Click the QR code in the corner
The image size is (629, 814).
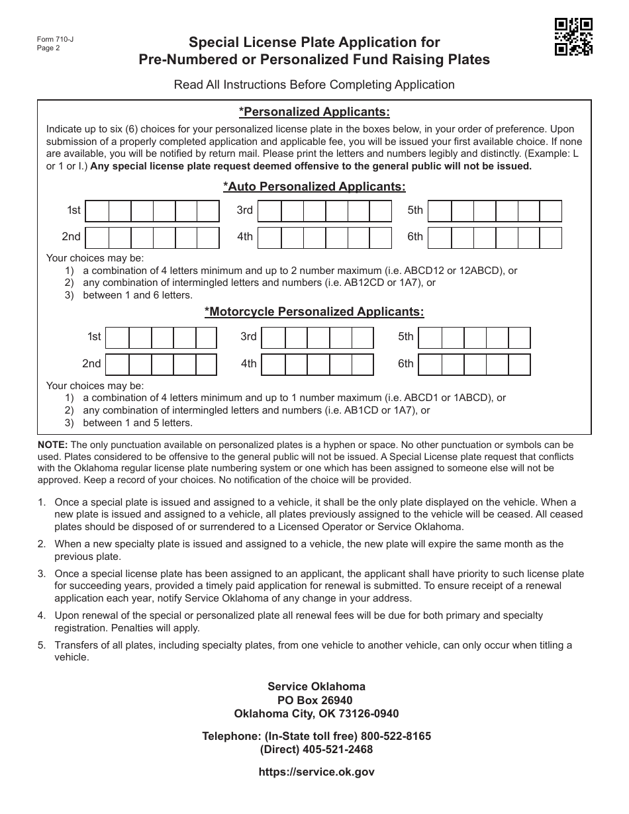coord(573,36)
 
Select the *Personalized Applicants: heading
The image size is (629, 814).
coord(314,111)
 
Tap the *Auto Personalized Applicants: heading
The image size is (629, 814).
coord(314,187)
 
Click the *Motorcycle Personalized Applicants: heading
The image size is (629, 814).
coord(314,311)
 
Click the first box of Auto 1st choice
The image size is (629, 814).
coord(97,210)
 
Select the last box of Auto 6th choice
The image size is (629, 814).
coord(550,237)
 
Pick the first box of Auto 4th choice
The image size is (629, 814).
coord(269,237)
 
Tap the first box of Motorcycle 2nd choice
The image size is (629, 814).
coord(117,364)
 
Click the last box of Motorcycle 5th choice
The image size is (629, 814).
coord(519,337)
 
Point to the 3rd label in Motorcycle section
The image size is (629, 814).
coord(248,337)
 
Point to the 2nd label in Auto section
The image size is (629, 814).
coord(71,237)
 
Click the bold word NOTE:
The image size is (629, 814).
coord(52,445)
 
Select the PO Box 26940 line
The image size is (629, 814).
coord(315,700)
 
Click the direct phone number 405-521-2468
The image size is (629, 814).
coord(338,749)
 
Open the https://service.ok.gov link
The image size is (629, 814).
coord(316,772)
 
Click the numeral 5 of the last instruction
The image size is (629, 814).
coord(42,645)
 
